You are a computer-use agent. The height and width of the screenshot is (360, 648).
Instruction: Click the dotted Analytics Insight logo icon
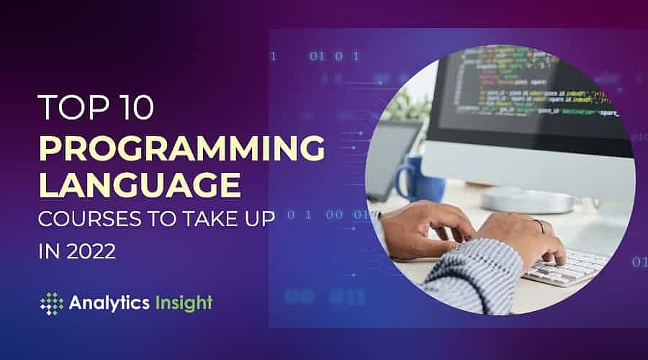52,303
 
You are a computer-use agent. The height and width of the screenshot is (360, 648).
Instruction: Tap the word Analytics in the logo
107,303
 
